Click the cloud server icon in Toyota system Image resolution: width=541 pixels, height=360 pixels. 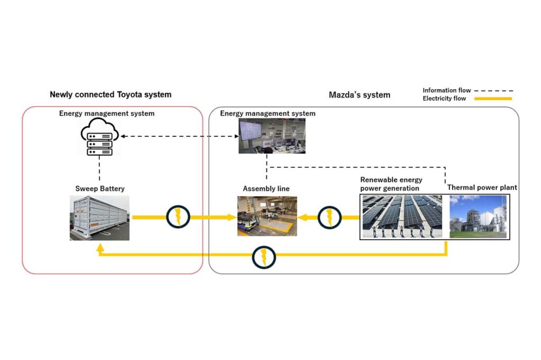point(99,137)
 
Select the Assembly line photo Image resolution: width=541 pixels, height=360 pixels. point(267,216)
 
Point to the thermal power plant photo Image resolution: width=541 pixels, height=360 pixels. point(478,216)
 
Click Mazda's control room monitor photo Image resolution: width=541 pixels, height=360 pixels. point(272,136)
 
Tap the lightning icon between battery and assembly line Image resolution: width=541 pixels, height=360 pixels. point(178,217)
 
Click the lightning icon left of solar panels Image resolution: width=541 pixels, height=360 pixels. point(329,217)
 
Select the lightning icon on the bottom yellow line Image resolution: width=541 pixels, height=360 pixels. point(264,257)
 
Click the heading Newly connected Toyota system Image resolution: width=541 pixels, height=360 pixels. point(110,94)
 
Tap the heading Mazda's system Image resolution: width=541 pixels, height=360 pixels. point(359,95)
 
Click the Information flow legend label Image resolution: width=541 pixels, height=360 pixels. point(446,90)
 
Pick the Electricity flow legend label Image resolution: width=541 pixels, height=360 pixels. point(444,98)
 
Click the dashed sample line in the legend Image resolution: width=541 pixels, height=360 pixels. point(494,91)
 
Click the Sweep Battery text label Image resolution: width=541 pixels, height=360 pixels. point(99,188)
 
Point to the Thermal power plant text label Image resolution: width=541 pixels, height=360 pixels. point(482,187)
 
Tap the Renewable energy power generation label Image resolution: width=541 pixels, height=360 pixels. point(391,184)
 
